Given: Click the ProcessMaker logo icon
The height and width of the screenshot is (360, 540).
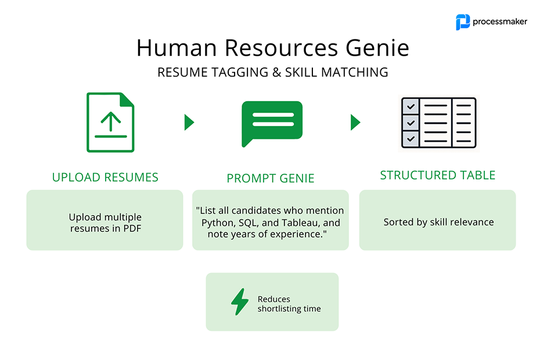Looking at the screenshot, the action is (x=463, y=22).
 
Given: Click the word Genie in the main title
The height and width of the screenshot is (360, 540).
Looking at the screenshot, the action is (x=377, y=48).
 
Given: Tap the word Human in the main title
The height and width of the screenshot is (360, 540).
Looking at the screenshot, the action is (x=177, y=48).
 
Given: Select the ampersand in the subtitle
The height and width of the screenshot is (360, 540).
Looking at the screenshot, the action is (x=276, y=73).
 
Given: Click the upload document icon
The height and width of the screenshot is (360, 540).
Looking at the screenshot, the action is (x=110, y=123).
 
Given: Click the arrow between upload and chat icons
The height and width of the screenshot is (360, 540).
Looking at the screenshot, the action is (x=189, y=123).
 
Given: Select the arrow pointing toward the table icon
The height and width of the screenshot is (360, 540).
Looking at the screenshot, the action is (x=355, y=123).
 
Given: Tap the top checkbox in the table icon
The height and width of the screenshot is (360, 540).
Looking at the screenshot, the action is (x=411, y=106).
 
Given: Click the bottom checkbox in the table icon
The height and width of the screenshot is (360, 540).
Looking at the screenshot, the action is (x=411, y=139).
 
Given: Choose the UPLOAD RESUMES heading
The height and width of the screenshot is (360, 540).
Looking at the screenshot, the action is (x=105, y=177).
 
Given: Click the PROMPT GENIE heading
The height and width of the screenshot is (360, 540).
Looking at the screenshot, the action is (x=271, y=178).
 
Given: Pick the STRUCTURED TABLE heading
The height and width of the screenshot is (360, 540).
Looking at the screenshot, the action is (x=438, y=175).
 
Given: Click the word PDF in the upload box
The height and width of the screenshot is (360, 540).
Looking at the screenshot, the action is (x=132, y=228).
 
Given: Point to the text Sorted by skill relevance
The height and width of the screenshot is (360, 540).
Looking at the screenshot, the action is (x=439, y=222).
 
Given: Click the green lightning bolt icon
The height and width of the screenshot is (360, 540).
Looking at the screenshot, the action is (x=240, y=302).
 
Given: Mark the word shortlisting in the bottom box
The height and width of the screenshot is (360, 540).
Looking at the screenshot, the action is (x=279, y=309).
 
